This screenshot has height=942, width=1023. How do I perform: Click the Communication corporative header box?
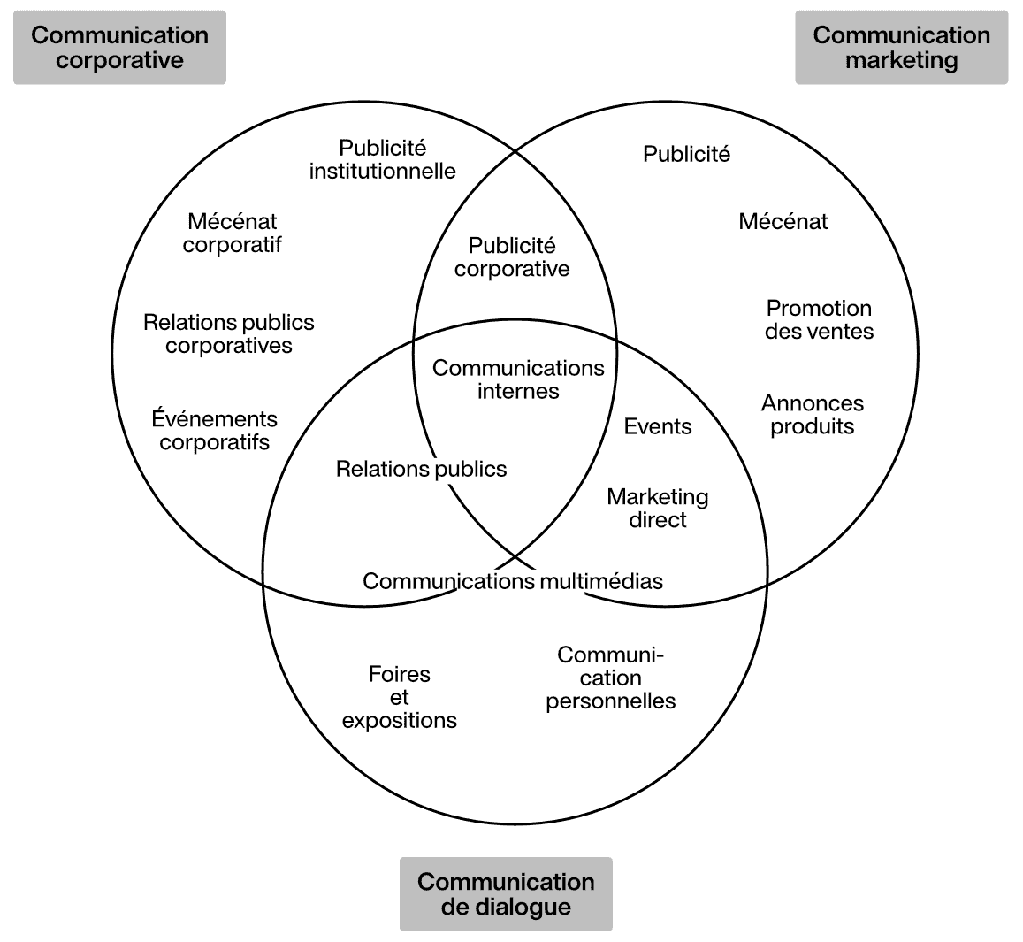point(119,48)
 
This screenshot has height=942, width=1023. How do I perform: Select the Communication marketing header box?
point(901,48)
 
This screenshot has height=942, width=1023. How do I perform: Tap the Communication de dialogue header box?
point(506,893)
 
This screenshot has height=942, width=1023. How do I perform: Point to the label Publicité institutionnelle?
point(382,159)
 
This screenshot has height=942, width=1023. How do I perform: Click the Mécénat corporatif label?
point(232,234)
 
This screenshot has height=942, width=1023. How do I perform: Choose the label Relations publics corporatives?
point(228,333)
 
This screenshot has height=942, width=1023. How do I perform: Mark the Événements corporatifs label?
point(214,430)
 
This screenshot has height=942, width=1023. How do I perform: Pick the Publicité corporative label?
point(512,257)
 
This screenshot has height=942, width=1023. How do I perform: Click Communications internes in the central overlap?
point(518,379)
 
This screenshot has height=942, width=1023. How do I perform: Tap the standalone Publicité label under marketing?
point(686,154)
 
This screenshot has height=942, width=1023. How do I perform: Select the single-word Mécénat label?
point(783,221)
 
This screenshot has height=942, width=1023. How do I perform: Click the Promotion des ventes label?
point(819,319)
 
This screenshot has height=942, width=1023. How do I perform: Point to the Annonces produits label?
point(812,414)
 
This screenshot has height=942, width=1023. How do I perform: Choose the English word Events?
point(657,426)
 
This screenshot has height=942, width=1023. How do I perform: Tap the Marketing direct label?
point(657,508)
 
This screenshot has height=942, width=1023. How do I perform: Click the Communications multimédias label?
point(512,580)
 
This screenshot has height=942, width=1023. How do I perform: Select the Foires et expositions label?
point(399,697)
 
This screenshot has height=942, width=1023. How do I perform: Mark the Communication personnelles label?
point(610,678)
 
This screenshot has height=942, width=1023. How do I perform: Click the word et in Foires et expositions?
point(399,697)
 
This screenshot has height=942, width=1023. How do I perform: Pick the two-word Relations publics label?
point(421,469)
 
